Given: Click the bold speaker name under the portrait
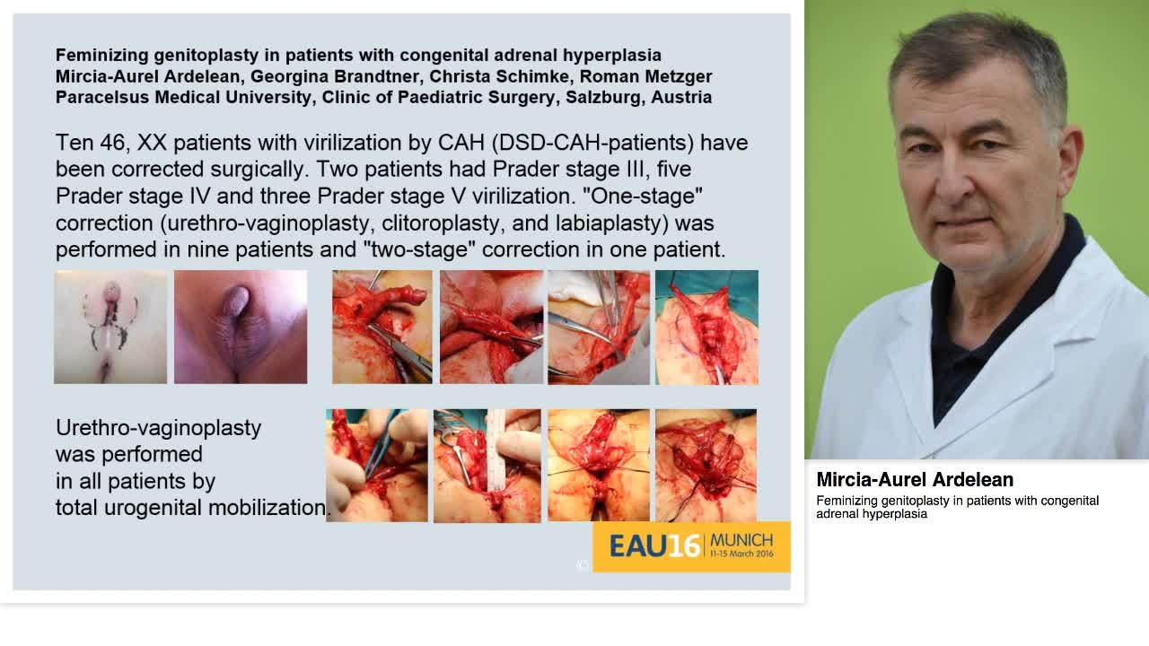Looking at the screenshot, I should [x=915, y=480].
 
